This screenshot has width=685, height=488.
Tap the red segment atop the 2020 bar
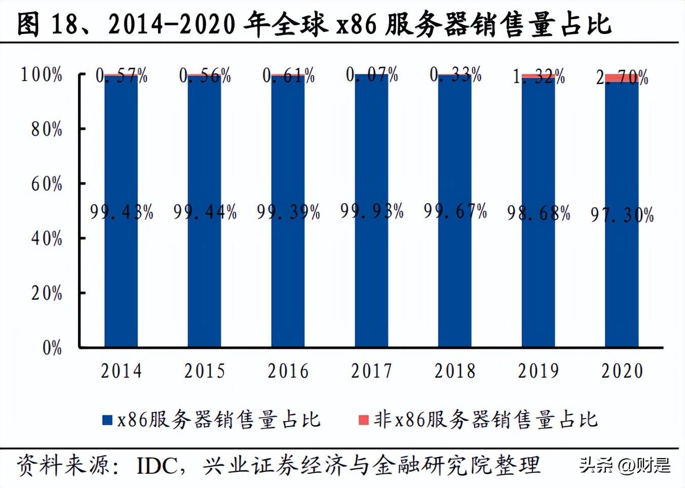pyautogui.click(x=622, y=77)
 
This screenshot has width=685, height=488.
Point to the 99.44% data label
pyautogui.click(x=205, y=212)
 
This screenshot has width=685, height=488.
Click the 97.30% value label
pyautogui.click(x=622, y=215)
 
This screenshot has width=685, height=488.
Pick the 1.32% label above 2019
pyautogui.click(x=539, y=77)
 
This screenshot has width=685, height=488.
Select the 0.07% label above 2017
pyautogui.click(x=371, y=75)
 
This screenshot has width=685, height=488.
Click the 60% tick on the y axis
pyautogui.click(x=47, y=184)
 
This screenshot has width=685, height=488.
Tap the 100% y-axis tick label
pyautogui.click(x=42, y=75)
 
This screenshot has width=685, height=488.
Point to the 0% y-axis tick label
pyautogui.click(x=52, y=348)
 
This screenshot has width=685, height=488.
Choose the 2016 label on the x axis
pyautogui.click(x=288, y=371)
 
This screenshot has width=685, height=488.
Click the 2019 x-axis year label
pyautogui.click(x=538, y=371)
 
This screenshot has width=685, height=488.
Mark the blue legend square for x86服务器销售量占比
pyautogui.click(x=107, y=420)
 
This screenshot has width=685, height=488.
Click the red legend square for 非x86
pyautogui.click(x=363, y=420)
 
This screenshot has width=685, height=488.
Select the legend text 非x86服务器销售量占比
pyautogui.click(x=485, y=420)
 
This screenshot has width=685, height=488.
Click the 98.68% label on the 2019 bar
pyautogui.click(x=539, y=213)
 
